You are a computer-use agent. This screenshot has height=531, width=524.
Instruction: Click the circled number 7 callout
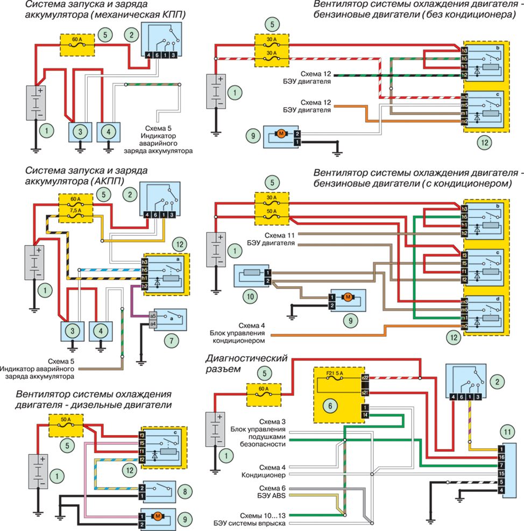tap(172, 341)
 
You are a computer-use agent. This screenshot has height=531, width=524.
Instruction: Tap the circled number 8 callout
tap(185, 491)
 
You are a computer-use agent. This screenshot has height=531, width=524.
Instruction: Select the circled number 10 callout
tap(250, 296)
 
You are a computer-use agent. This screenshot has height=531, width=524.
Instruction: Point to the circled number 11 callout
tap(507, 432)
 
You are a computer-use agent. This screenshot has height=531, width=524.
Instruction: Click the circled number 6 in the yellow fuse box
tap(330, 405)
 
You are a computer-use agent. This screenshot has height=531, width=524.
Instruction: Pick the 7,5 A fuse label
tap(75, 210)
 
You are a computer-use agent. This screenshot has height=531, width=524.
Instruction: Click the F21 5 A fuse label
tap(335, 373)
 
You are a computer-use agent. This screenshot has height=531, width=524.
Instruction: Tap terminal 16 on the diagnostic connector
tap(501, 457)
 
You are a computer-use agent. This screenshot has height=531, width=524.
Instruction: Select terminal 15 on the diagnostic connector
tap(501, 473)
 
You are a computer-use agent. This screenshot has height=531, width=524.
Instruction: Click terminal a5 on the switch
tap(153, 316)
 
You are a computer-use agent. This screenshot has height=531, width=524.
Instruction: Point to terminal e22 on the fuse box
tap(365, 377)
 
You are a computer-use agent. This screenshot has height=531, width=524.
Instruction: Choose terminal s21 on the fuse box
tap(365, 393)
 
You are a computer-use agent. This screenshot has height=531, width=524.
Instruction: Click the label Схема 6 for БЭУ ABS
tap(272, 488)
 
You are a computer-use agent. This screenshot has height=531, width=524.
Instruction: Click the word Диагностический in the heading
tap(246, 358)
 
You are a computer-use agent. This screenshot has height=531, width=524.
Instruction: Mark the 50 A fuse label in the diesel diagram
tap(66, 420)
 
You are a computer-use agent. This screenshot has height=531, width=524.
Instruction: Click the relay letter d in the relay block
tap(498, 299)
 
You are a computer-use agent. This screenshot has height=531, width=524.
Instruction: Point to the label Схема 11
tap(279, 235)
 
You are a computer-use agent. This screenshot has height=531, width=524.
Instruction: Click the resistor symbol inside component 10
tap(252, 272)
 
